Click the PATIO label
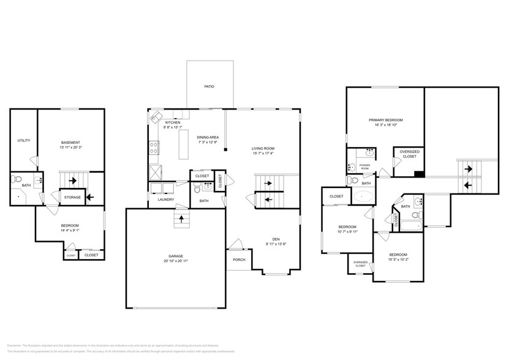tap(209, 87)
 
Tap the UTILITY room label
tap(23, 140)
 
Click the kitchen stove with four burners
tap(154, 148)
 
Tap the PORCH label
tap(239, 259)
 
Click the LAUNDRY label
tap(166, 200)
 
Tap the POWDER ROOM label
tap(364, 165)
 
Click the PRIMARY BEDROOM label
tap(385, 120)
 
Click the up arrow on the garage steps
tap(182, 219)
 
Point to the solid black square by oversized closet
tap(418, 174)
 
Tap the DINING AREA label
tap(208, 137)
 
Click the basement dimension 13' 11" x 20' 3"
tap(70, 148)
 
